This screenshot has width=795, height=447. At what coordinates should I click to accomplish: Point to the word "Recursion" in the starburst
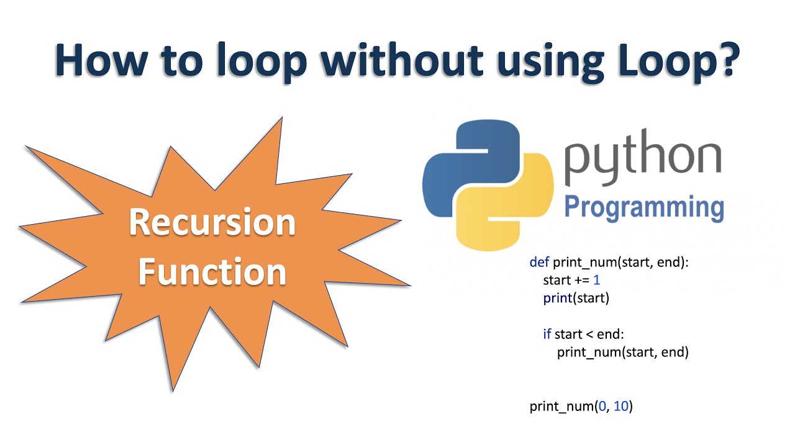(212, 223)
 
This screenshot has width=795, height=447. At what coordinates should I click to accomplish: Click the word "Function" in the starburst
(212, 271)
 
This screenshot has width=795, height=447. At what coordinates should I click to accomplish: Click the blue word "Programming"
(643, 207)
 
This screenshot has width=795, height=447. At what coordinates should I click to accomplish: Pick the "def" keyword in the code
(539, 263)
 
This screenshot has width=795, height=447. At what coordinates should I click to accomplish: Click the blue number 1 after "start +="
(596, 280)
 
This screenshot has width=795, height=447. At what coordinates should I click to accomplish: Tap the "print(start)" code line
(576, 298)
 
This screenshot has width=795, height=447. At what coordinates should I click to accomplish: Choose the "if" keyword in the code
(547, 334)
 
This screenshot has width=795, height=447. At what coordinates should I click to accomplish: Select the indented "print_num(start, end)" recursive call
(622, 352)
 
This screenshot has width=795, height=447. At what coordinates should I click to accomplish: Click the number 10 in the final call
(621, 407)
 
